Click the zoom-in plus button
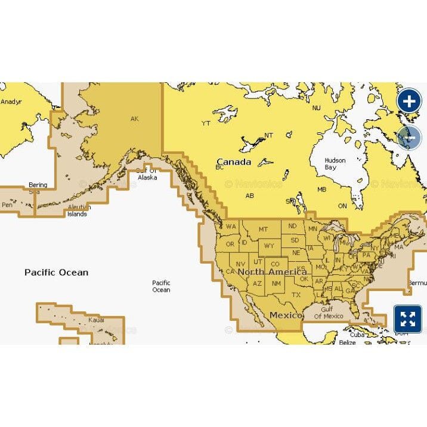click(409, 101)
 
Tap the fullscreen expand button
click(408, 319)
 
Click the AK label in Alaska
click(134, 119)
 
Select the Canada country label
click(234, 162)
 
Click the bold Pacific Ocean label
click(56, 272)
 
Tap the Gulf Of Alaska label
click(147, 174)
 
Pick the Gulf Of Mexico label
click(329, 312)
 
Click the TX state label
click(296, 295)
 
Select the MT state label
click(263, 229)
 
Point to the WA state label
click(231, 227)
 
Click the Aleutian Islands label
click(79, 211)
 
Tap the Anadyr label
click(11, 101)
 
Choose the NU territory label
click(316, 108)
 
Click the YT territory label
click(206, 123)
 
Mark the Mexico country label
click(284, 314)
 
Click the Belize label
click(346, 343)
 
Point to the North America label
click(272, 272)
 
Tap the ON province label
click(342, 206)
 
